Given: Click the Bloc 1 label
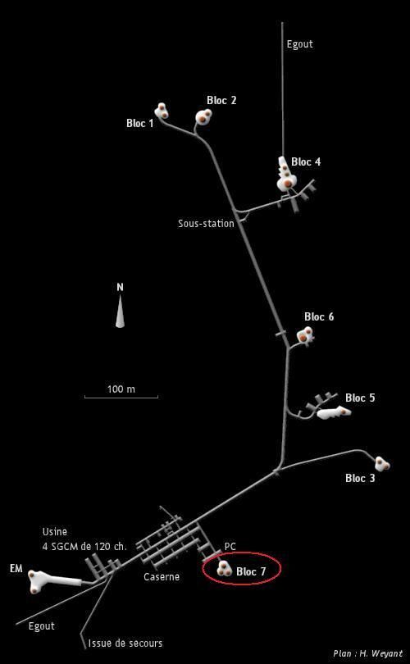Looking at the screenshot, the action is click(139, 123).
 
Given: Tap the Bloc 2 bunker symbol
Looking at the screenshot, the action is click(203, 116).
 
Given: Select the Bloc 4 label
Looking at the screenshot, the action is click(306, 161).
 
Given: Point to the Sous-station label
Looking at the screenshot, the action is click(206, 223).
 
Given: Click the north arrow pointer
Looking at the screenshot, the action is click(121, 312).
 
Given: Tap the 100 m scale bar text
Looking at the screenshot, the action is click(121, 389).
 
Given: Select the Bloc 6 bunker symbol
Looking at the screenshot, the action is click(305, 335).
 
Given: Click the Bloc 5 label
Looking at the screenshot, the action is click(360, 398).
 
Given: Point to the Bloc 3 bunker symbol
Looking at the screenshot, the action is click(382, 464).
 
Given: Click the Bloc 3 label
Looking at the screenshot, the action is click(360, 478).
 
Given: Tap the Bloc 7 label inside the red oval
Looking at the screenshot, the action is click(251, 571).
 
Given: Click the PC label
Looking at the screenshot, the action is click(230, 547).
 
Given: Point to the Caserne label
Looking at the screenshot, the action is click(162, 577).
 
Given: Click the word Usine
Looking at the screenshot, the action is click(55, 532).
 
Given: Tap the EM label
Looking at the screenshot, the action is click(16, 569).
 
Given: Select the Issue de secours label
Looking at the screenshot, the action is click(125, 644).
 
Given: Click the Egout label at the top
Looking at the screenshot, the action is click(300, 44).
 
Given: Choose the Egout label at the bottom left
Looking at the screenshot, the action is click(42, 626).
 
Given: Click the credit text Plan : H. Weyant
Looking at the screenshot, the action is click(367, 653).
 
